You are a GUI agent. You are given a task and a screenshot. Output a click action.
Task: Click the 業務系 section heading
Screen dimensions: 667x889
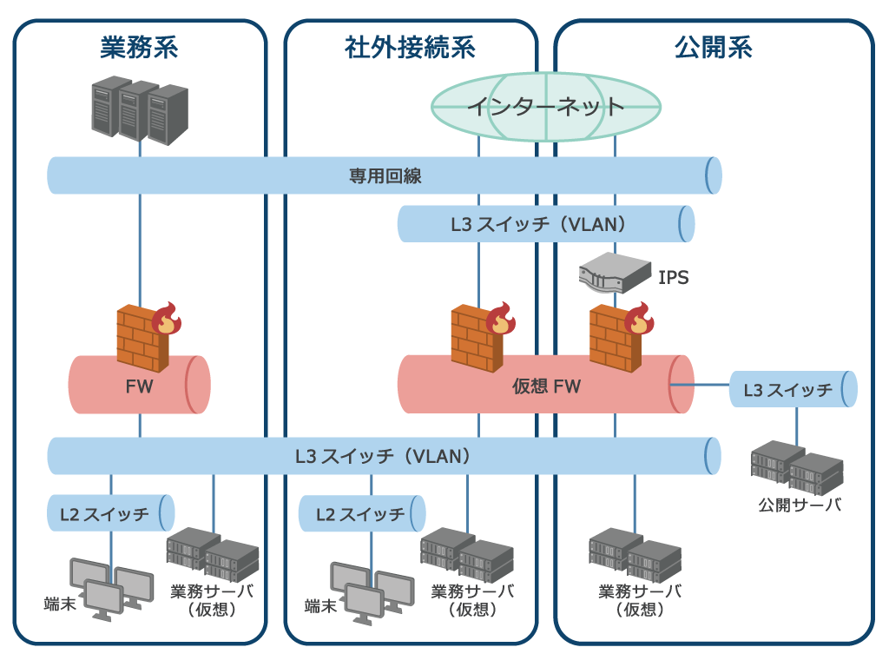coord(140,47)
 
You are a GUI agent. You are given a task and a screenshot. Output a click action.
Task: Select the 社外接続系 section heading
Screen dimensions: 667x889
coord(410,47)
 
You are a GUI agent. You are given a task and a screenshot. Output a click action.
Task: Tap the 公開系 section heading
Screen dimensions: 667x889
coord(713,47)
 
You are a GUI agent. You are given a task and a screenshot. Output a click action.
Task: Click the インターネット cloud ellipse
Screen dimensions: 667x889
coord(546,106)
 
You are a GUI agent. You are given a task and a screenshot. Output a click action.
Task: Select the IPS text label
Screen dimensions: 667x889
coord(674,278)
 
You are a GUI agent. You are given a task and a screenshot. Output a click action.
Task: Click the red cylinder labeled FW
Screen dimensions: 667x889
coord(139,385)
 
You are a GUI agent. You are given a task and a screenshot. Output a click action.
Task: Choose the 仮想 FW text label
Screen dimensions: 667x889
coord(546,386)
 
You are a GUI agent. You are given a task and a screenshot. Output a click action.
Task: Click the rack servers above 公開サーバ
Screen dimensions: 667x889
coord(797,468)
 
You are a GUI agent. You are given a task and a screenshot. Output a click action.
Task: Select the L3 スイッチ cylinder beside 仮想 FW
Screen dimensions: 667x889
coord(793,389)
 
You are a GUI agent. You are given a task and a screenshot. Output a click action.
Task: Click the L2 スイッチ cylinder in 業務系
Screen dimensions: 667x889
coord(111,513)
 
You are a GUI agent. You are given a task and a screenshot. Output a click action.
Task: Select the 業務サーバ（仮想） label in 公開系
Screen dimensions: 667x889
coord(640,600)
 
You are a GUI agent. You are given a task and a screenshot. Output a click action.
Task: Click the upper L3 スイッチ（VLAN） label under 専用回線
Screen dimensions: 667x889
coord(538,224)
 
